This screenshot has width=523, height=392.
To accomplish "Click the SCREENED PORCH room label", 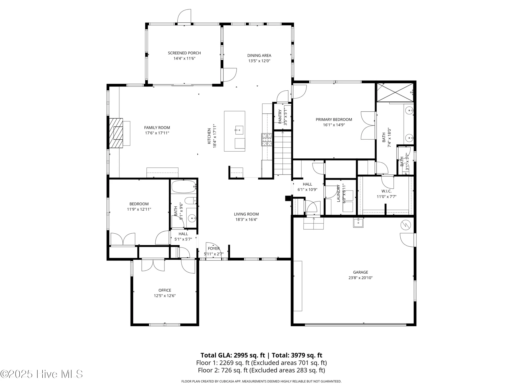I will tap(184, 53).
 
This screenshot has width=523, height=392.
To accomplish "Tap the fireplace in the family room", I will tap(116, 133).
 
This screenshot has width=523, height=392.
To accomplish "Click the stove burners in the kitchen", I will tap(266, 140).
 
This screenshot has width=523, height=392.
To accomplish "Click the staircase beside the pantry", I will tap(282, 153).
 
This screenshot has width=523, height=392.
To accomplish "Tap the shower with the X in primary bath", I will tap(395, 92).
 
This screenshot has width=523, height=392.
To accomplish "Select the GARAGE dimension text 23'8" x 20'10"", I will tap(360, 278).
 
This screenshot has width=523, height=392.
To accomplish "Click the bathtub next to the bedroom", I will tap(184, 186).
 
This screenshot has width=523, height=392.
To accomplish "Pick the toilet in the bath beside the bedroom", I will tap(190, 201).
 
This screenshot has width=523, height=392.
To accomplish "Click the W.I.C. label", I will tap(386, 191).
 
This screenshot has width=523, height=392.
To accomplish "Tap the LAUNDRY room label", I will tap(338, 193).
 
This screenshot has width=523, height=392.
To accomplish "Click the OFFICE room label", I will tap(165, 290).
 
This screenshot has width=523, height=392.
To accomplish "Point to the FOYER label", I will tap(214, 249).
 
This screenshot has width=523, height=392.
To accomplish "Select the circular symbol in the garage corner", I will tap(406, 225).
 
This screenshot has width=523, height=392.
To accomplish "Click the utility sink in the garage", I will tap(358, 223).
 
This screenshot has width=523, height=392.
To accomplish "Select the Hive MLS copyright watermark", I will tap(42, 374).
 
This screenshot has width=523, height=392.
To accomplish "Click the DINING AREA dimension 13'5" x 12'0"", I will tap(259, 61).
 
